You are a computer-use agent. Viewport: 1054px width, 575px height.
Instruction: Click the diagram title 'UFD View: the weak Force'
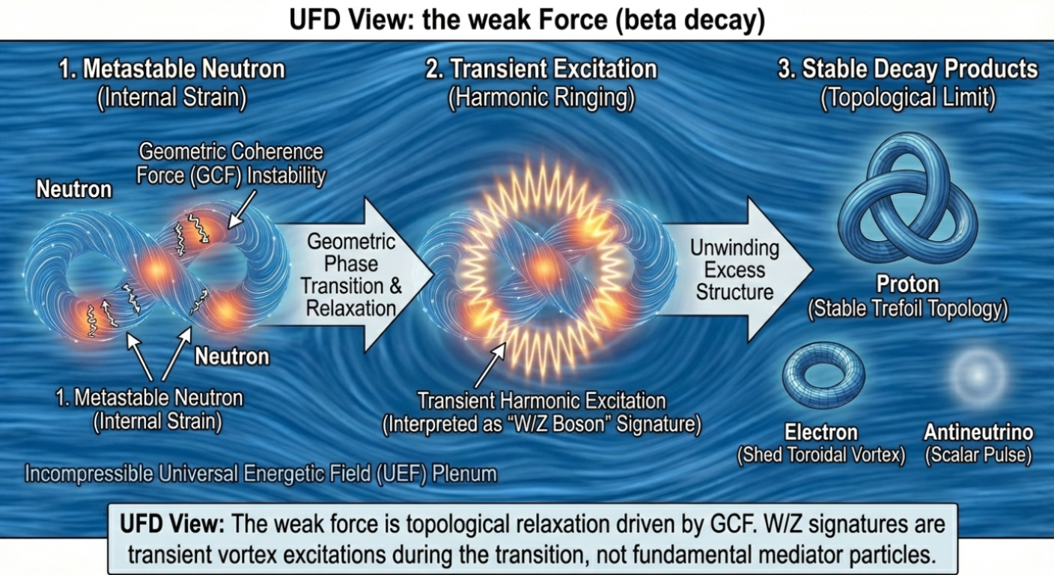[x=526, y=20]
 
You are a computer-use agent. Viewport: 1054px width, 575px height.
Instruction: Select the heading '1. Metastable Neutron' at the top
[x=173, y=70]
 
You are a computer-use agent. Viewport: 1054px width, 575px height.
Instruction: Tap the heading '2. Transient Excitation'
[x=541, y=70]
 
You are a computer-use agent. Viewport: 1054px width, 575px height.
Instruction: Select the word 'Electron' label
[x=821, y=432]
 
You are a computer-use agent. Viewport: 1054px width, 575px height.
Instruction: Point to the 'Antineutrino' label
[x=978, y=432]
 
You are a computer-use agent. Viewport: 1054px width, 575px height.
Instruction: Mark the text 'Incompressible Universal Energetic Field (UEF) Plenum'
[x=261, y=474]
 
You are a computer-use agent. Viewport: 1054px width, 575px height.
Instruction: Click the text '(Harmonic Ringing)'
[x=541, y=98]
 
